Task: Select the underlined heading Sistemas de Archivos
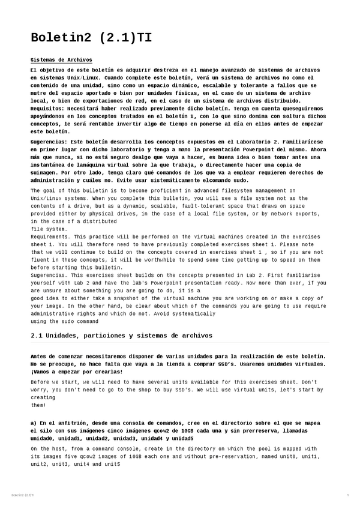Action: (61, 60)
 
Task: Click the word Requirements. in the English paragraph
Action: (50, 236)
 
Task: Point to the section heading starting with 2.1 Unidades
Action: (121, 335)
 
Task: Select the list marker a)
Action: (35, 423)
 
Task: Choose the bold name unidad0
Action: (46, 438)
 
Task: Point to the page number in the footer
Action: (347, 495)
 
